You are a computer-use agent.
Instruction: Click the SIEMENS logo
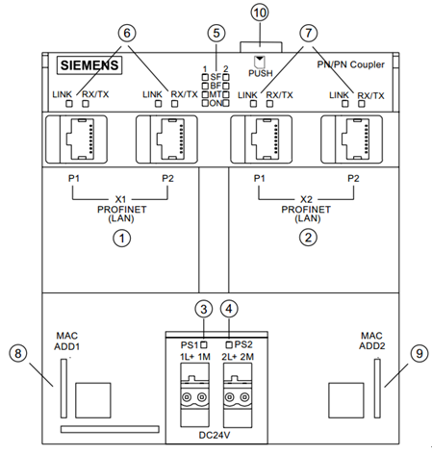click(89, 65)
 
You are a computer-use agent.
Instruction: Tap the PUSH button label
click(261, 73)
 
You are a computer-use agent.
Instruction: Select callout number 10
click(260, 13)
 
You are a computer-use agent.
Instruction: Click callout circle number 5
click(216, 33)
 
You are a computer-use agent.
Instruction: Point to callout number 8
click(18, 353)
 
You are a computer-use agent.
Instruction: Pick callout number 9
click(419, 353)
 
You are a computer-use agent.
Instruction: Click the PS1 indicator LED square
click(204, 345)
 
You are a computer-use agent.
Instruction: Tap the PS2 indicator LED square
click(229, 345)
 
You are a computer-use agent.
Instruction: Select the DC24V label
click(215, 435)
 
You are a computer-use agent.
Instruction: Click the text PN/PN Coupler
click(350, 64)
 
